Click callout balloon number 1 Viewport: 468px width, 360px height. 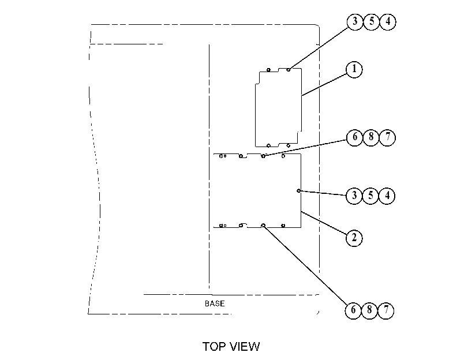click(354, 69)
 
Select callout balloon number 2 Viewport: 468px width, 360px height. click(354, 238)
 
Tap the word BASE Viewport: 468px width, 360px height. click(215, 303)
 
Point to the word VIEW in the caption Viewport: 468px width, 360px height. click(245, 347)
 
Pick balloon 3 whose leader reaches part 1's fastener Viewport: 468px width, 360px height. click(355, 21)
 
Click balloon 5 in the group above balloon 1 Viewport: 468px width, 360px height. click(372, 21)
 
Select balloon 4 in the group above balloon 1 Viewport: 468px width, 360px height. click(388, 21)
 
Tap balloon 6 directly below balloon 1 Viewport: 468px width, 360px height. click(354, 137)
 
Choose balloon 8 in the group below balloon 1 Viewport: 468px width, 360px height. click(371, 137)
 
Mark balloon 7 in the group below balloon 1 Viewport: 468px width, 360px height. click(387, 137)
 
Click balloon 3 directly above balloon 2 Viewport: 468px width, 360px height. click(354, 196)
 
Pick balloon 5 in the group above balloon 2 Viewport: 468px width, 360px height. click(370, 196)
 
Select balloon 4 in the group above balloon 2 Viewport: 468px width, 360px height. click(387, 196)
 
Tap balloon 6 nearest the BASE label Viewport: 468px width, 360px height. click(353, 310)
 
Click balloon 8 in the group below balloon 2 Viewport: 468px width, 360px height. click(370, 310)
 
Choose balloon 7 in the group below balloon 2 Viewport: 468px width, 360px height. click(386, 310)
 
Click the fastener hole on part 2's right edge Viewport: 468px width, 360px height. click(298, 191)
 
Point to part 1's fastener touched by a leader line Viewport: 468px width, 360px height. click(289, 70)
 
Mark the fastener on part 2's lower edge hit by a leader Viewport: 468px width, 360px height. click(263, 225)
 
